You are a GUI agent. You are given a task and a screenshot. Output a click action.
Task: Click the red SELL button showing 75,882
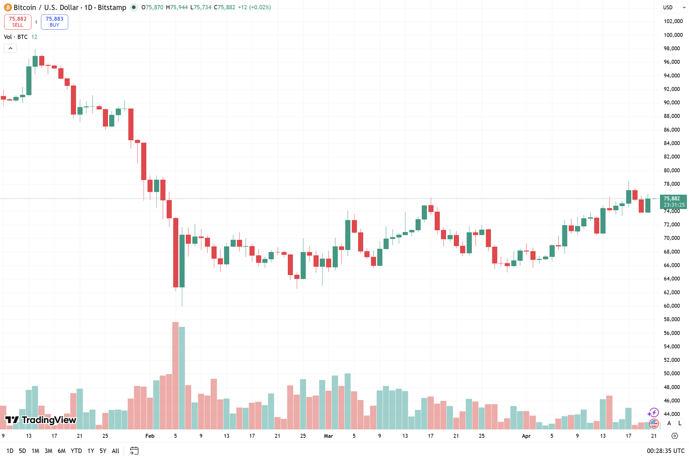(x=18, y=22)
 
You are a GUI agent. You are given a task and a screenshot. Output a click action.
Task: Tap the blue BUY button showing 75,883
(x=54, y=22)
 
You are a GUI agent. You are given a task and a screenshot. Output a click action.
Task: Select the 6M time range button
(x=61, y=451)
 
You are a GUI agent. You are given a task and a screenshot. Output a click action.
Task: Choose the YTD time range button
(x=76, y=451)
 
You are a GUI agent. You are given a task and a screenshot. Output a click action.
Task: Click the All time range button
(x=115, y=451)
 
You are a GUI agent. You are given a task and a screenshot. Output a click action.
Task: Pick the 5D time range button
(x=22, y=451)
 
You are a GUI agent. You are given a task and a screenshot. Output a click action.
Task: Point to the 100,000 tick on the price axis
(x=673, y=35)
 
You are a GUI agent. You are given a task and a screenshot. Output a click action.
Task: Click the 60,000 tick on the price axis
(x=671, y=306)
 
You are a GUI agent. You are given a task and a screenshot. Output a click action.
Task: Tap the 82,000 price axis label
(x=671, y=157)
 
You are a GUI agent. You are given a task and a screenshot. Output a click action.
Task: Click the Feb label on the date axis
(x=150, y=436)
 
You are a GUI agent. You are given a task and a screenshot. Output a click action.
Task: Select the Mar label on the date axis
(x=328, y=436)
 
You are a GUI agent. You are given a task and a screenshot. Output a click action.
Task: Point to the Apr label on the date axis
(x=526, y=436)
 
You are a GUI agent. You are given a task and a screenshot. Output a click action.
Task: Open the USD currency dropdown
(x=674, y=8)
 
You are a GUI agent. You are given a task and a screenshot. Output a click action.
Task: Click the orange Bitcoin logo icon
(x=8, y=8)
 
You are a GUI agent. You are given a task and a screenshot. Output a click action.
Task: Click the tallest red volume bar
(x=175, y=375)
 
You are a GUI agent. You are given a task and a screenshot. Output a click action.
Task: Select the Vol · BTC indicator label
(x=16, y=37)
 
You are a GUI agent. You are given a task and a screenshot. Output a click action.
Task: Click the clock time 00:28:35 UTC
(x=665, y=451)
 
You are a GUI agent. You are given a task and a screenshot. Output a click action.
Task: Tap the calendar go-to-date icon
(x=134, y=451)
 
